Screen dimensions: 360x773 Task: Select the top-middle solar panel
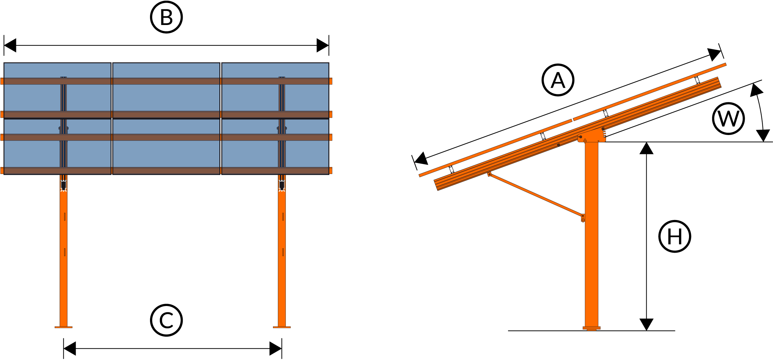[166, 97]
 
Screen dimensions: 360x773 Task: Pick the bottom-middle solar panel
[166, 153]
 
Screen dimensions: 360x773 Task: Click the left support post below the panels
[63, 267]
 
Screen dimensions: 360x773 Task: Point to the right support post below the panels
[282, 267]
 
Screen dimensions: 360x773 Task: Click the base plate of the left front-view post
[63, 327]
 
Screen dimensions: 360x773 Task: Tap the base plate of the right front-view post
[282, 327]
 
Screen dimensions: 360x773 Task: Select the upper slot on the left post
[65, 217]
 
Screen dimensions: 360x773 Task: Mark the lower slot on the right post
[283, 252]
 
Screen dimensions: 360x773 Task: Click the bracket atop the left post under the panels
[63, 186]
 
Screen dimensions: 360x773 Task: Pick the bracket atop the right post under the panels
[282, 186]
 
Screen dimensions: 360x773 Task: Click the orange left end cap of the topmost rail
[2, 81]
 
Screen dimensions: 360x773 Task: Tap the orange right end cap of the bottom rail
[331, 171]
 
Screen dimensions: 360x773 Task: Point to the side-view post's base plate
[591, 328]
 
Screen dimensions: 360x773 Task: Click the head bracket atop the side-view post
[592, 136]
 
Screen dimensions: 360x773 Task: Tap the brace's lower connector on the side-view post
[583, 218]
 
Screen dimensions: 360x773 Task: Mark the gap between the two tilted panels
[572, 120]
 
